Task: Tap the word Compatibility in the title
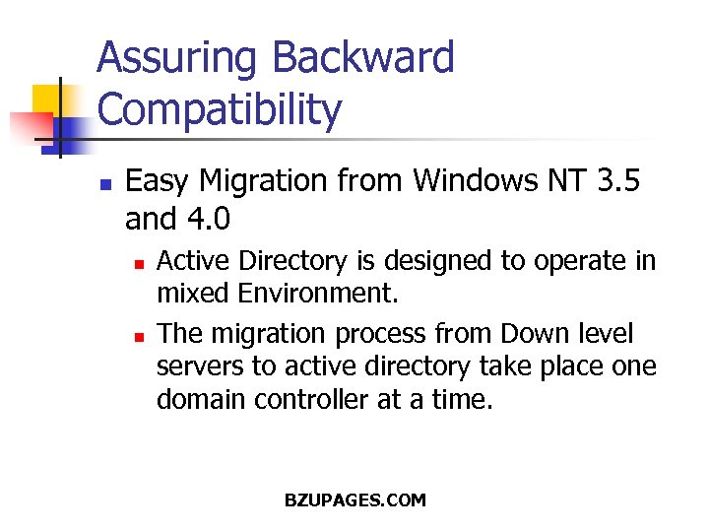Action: pyautogui.click(x=220, y=110)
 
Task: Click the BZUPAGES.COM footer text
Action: pyautogui.click(x=354, y=500)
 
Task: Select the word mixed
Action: pyautogui.click(x=192, y=293)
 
